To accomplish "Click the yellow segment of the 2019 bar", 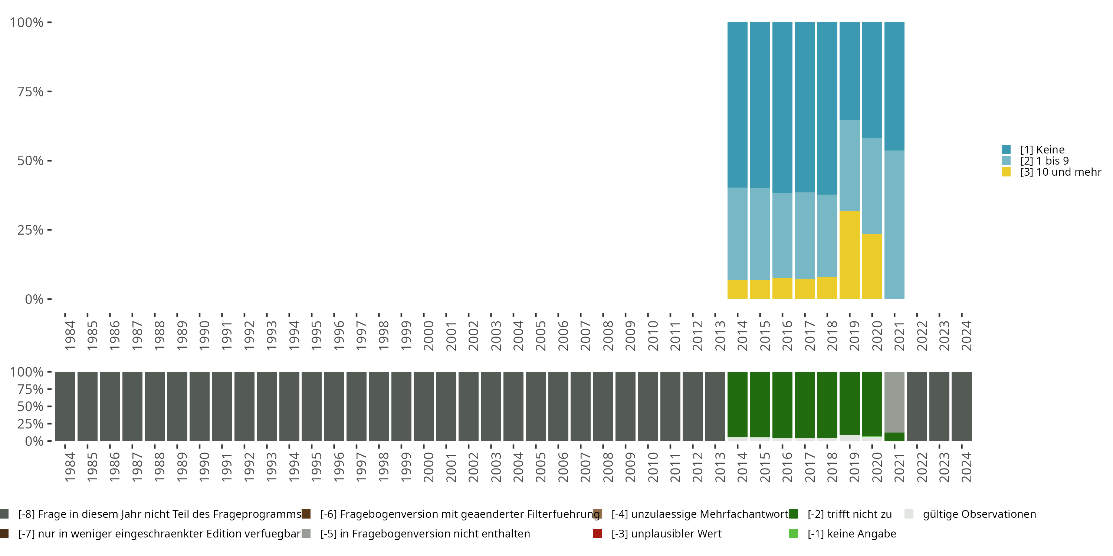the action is coord(850,255).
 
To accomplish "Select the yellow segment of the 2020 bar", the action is coord(872,267).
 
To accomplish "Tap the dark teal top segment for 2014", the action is coord(738,105).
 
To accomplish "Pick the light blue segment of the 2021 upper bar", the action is coord(894,225).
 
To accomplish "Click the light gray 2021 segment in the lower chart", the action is coord(894,402).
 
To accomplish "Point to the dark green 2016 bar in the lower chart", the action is coord(782,404).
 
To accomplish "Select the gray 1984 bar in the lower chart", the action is coord(65,406).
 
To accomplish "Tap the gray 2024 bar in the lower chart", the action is coord(962,406).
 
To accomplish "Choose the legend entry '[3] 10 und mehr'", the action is coord(1051,172).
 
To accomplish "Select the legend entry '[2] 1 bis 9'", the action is coord(1035,160).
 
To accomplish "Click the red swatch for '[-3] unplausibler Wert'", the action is coord(597,533).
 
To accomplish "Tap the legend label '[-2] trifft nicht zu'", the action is coord(850,514).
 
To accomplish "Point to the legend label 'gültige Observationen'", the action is coord(979,514).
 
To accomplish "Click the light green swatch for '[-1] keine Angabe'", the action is coord(793,533).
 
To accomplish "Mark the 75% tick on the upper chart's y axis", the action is coord(50,92).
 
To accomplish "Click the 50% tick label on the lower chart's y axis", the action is coord(30,406).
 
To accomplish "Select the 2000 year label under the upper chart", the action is coord(428,335).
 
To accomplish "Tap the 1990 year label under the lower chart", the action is coord(204,467).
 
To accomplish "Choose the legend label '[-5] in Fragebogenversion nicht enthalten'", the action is coord(425,533).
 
